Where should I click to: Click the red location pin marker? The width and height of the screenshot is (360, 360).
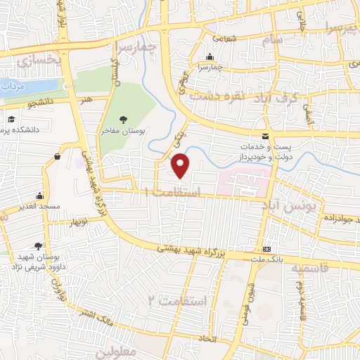(x=181, y=166)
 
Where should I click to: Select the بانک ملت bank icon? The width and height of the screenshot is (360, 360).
(x=267, y=250)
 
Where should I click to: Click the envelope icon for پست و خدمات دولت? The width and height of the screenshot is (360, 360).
(x=264, y=136)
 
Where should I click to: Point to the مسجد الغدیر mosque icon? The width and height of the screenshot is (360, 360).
(x=39, y=196)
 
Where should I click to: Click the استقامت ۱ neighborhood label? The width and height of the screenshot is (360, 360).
(x=172, y=191)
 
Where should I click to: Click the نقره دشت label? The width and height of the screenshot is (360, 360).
(x=219, y=96)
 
